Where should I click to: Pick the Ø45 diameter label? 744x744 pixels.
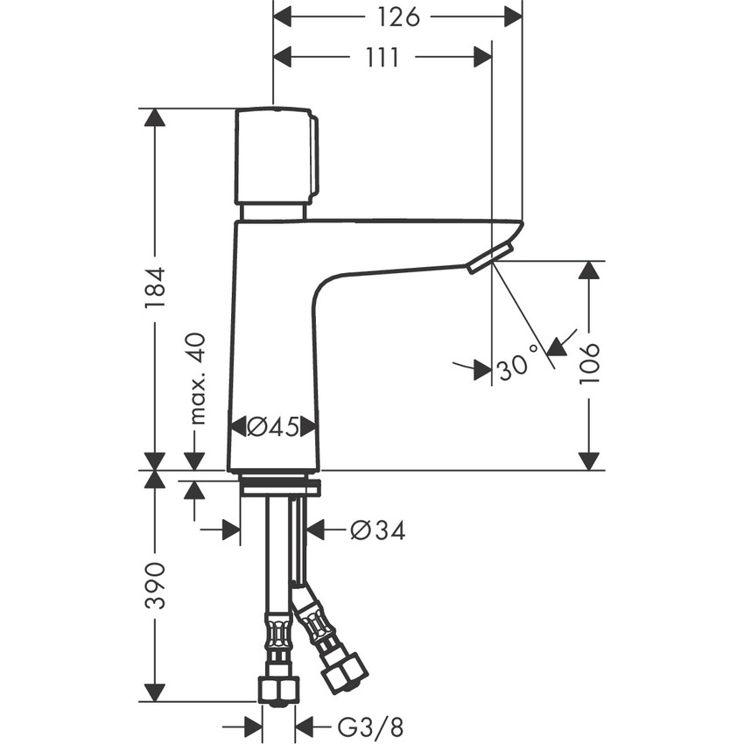pos(273,426)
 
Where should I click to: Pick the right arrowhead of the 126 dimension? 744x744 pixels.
pos(512,17)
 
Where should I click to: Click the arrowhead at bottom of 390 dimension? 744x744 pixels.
pos(155,690)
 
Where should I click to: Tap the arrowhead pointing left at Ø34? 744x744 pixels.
pos(312,530)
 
